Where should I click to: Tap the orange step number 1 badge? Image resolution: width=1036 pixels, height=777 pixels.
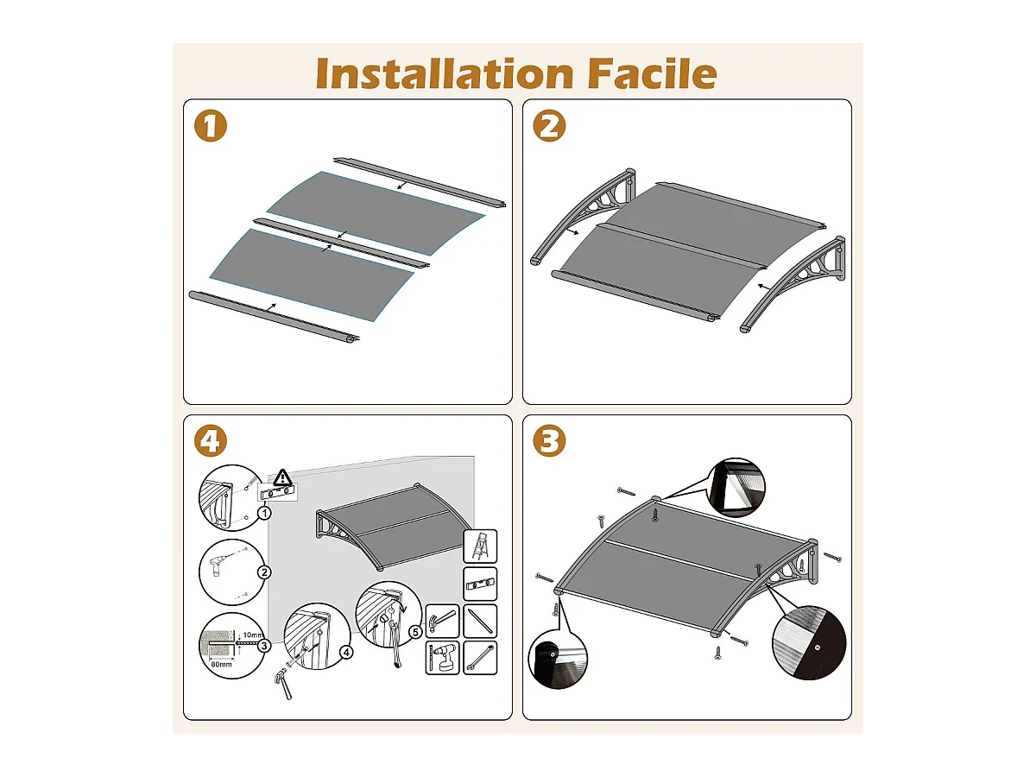pos(210,126)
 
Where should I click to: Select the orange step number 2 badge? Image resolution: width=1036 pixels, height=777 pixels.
pos(550,126)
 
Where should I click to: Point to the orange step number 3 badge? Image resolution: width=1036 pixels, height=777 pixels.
pos(550,442)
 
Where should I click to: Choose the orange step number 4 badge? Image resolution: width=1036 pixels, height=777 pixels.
pos(210,442)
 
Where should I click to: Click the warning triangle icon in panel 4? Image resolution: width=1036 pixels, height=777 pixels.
pos(283,477)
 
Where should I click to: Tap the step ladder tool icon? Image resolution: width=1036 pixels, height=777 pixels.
pos(480,546)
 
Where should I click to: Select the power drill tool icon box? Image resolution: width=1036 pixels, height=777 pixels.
pos(442,658)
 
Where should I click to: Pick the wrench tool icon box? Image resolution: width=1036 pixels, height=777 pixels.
pos(480,658)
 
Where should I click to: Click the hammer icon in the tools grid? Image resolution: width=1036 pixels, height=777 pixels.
pos(442,620)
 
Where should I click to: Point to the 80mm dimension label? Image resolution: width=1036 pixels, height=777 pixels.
pos(220,665)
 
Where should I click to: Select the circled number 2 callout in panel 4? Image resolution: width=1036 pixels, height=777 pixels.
pos(265,572)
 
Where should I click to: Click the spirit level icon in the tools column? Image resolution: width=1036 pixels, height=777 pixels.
pos(480,584)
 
